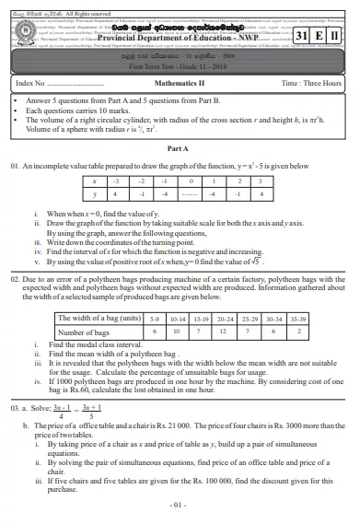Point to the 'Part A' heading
click(179, 148)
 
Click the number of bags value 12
click(222, 331)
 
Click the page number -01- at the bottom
click(179, 506)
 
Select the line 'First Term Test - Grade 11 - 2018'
click(180, 64)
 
